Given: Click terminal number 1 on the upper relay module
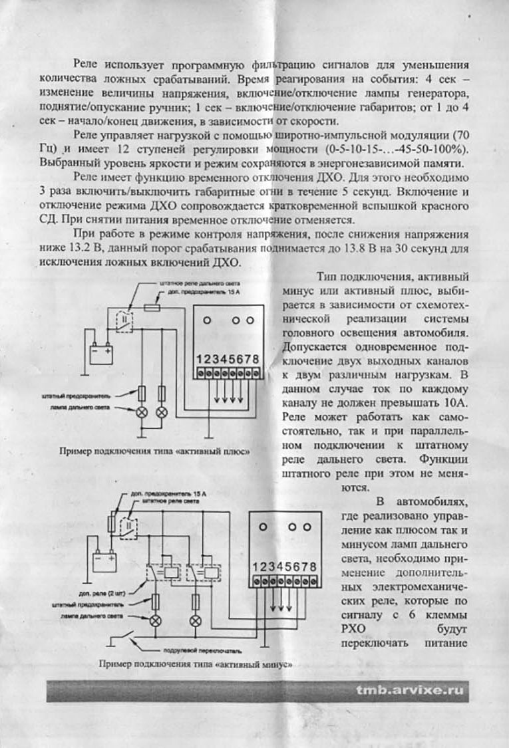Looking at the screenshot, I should (200, 359).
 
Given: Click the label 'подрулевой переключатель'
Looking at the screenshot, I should (197, 650).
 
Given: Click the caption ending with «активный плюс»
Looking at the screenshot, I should (154, 451).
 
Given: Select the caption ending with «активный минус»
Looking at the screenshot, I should (194, 664).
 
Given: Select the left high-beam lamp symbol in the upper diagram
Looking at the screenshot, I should (141, 412).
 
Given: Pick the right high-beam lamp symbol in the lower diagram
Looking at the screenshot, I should (195, 621).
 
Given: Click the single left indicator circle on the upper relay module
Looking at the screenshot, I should (207, 320).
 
